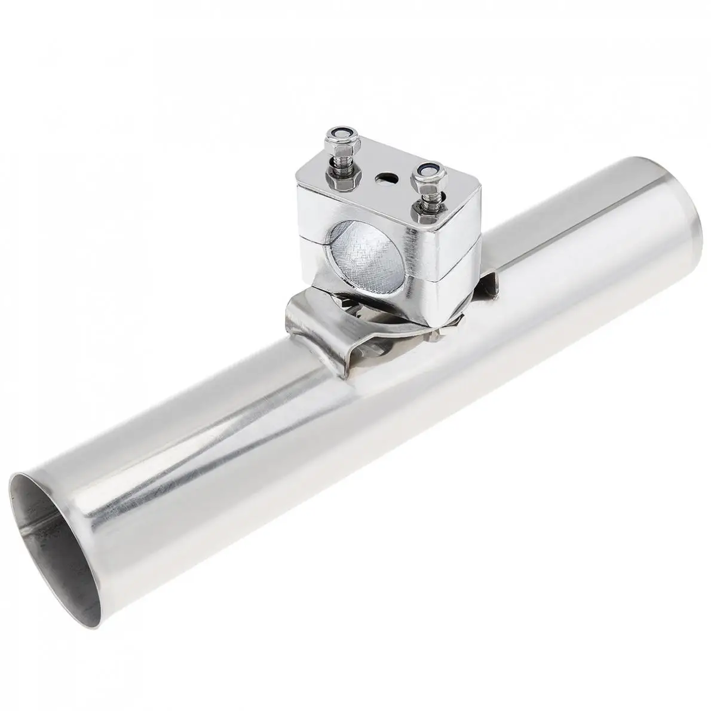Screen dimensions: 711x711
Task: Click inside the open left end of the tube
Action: pyautogui.click(x=57, y=532)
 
